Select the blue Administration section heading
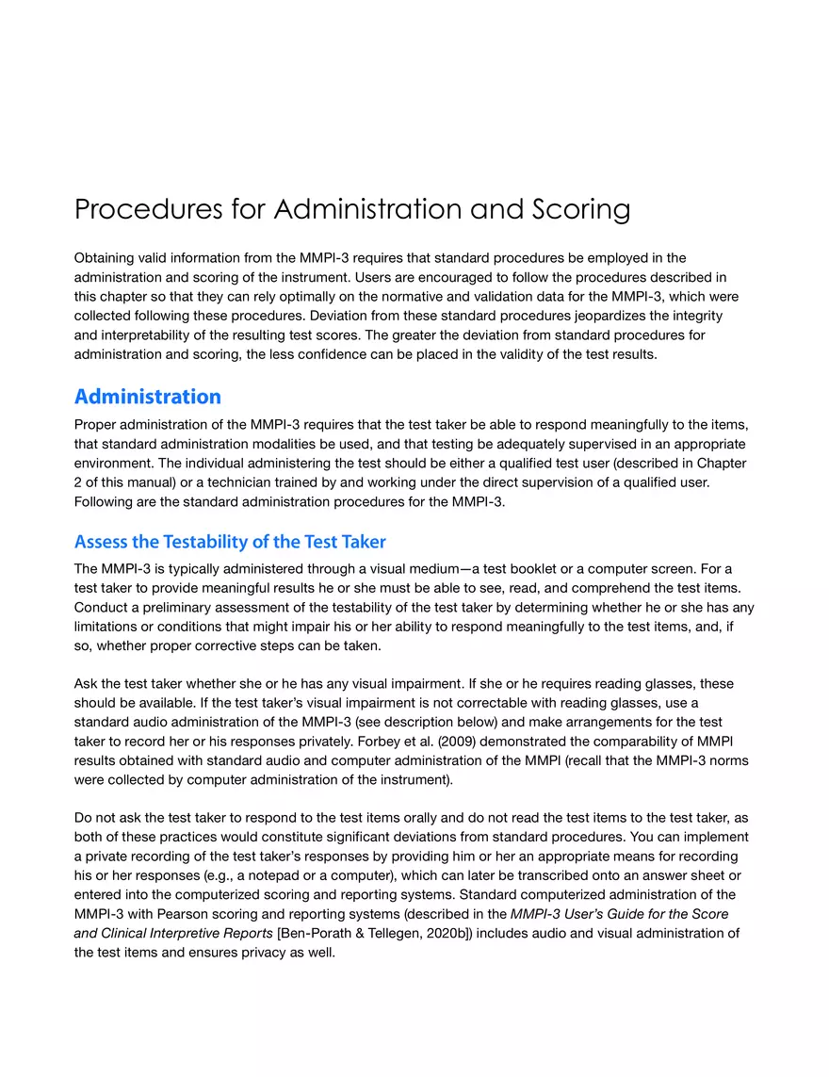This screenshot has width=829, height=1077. tap(148, 396)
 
